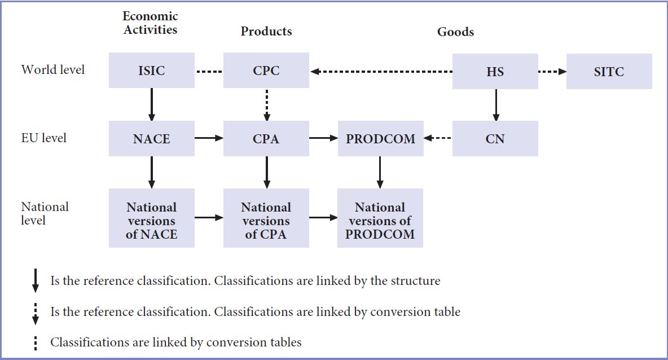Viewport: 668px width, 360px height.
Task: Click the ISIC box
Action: click(152, 71)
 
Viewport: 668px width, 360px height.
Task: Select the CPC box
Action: click(266, 71)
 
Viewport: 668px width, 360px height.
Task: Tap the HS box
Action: click(495, 71)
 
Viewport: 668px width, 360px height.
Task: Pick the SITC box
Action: click(609, 71)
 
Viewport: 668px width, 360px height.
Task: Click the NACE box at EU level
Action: click(152, 138)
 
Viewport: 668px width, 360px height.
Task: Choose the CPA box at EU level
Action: click(266, 138)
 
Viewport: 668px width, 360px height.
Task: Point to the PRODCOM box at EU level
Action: click(380, 138)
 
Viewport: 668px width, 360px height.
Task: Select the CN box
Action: click(495, 138)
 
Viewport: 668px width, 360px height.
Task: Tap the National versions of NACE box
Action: click(152, 218)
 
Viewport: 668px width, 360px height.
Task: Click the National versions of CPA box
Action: click(266, 218)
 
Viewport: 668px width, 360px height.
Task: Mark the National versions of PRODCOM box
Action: click(380, 218)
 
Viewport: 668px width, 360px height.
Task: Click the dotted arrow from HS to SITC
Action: click(552, 71)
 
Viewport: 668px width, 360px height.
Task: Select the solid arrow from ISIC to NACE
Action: click(152, 104)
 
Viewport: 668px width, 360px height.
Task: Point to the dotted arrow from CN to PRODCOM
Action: click(437, 138)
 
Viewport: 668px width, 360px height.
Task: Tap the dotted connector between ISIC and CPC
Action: click(209, 72)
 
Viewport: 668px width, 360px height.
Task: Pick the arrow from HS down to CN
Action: click(495, 105)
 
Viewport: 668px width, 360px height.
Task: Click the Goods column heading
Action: click(455, 32)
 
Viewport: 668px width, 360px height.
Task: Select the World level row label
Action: click(53, 69)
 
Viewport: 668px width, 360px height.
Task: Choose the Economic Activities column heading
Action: click(150, 23)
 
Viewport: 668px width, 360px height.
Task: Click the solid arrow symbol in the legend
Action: click(36, 280)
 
